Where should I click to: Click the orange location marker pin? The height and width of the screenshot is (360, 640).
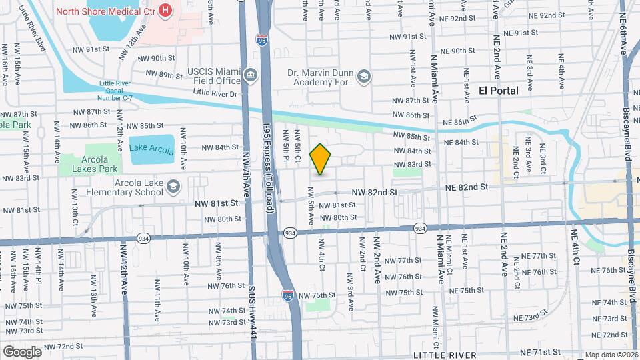321,159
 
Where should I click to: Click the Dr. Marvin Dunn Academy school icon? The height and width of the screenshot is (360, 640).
363,77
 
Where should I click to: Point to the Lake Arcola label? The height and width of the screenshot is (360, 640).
151,147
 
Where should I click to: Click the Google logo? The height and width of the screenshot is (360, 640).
21,351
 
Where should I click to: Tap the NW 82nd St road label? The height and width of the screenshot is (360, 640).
375,192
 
